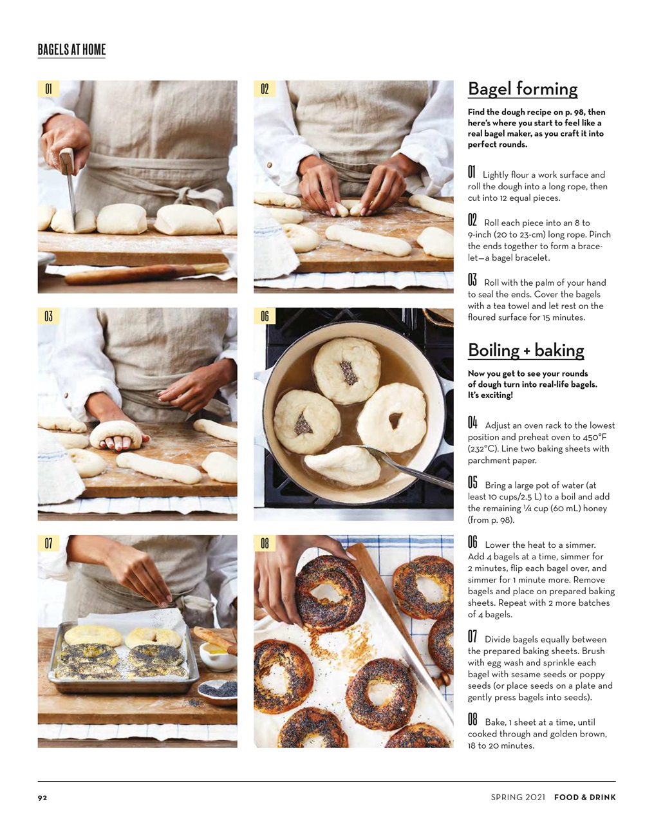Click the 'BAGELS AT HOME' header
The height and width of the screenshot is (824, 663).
tap(71, 50)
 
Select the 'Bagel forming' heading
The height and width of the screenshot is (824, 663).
tap(522, 89)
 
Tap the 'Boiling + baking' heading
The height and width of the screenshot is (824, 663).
tap(525, 350)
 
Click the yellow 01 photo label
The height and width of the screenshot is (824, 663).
tap(48, 89)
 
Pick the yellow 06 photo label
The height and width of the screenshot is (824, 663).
tap(265, 316)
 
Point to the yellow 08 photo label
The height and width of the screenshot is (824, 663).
tap(265, 543)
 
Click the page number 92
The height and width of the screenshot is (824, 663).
tap(42, 798)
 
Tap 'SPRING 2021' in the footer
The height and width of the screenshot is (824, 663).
tap(518, 798)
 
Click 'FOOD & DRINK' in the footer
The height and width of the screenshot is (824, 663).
tap(584, 798)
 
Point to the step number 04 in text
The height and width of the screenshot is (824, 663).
tap(472, 423)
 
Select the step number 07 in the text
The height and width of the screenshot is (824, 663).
tap(472, 637)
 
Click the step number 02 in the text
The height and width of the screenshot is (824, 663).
tap(472, 220)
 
